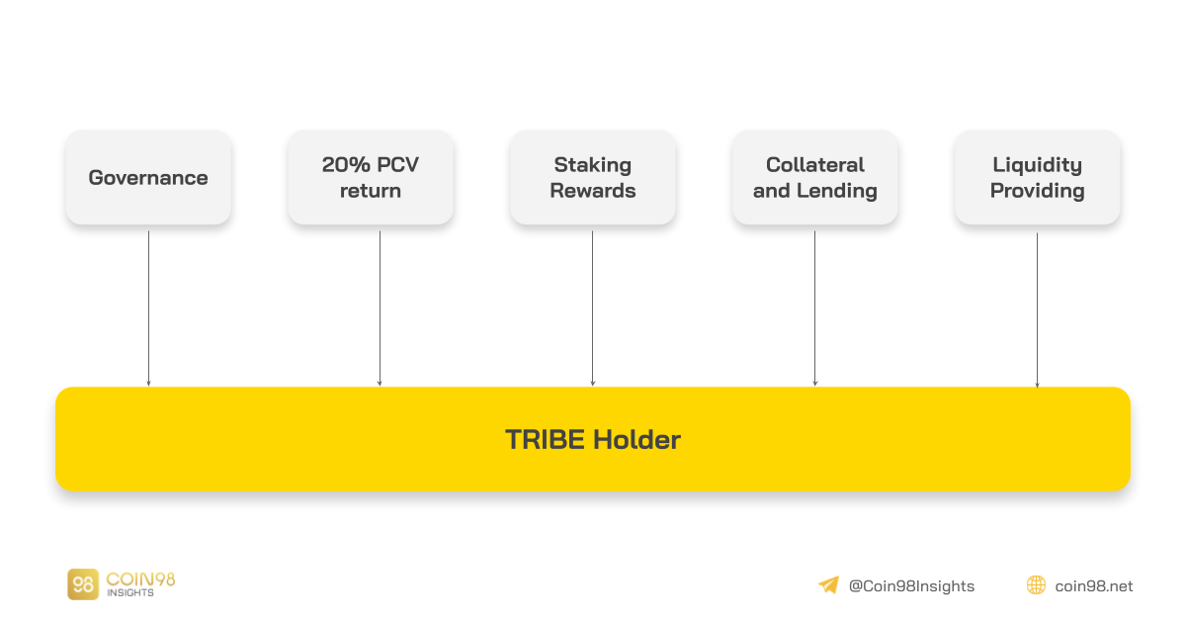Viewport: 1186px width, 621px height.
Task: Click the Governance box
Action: click(148, 178)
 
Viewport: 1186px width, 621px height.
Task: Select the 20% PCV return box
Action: click(371, 178)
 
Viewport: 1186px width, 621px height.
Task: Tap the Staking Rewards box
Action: click(593, 178)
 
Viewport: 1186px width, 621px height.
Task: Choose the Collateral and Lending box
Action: click(815, 178)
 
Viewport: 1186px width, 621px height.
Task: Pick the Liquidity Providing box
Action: click(1038, 178)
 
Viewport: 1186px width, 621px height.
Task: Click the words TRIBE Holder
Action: click(593, 439)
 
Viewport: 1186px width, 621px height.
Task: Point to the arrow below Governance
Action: click(149, 309)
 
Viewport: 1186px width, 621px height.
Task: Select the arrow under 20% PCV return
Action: click(380, 309)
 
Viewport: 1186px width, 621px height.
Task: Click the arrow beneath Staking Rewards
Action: click(592, 309)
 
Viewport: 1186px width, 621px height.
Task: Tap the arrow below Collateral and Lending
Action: click(814, 309)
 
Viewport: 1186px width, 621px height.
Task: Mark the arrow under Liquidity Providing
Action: click(1037, 310)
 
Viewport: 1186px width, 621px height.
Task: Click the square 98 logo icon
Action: click(83, 584)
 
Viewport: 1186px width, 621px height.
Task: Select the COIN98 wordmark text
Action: click(140, 579)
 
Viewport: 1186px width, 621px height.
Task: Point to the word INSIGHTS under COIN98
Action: click(130, 593)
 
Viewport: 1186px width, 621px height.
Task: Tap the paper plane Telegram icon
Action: click(829, 585)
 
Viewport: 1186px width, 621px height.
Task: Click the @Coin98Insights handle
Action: click(911, 586)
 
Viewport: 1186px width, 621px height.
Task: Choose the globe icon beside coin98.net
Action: click(1036, 585)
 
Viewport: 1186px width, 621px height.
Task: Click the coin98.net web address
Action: click(1094, 586)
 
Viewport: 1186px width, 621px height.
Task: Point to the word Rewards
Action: click(593, 191)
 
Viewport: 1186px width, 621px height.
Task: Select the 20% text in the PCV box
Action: click(346, 165)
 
